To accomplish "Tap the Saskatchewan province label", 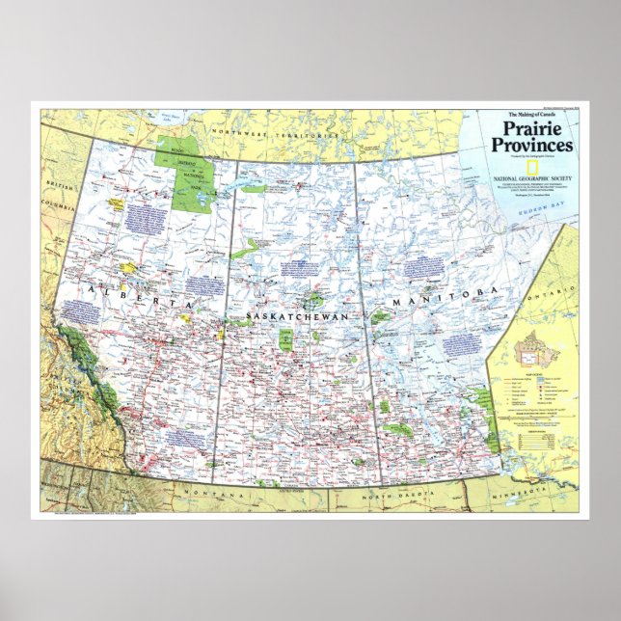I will (x=288, y=316).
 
